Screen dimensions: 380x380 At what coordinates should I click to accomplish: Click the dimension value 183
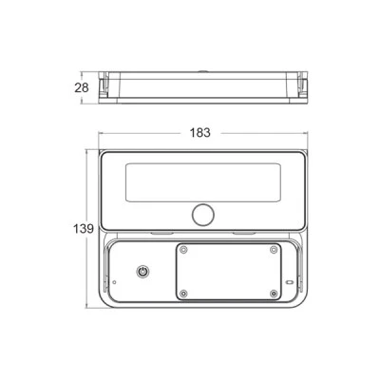(199, 133)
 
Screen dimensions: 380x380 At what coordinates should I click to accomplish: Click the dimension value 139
(84, 229)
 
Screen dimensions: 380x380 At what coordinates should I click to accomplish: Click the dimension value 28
(82, 87)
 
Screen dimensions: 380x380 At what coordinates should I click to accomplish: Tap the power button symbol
(142, 272)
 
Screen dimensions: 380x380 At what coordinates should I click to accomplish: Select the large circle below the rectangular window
(203, 215)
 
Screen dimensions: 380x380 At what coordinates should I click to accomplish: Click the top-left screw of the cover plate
(183, 250)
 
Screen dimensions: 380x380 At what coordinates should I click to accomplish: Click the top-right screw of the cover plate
(274, 250)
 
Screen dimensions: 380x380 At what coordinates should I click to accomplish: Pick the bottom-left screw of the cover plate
(183, 294)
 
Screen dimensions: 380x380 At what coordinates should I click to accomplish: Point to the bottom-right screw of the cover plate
(274, 294)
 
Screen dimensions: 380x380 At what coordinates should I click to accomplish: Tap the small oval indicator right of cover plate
(290, 282)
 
